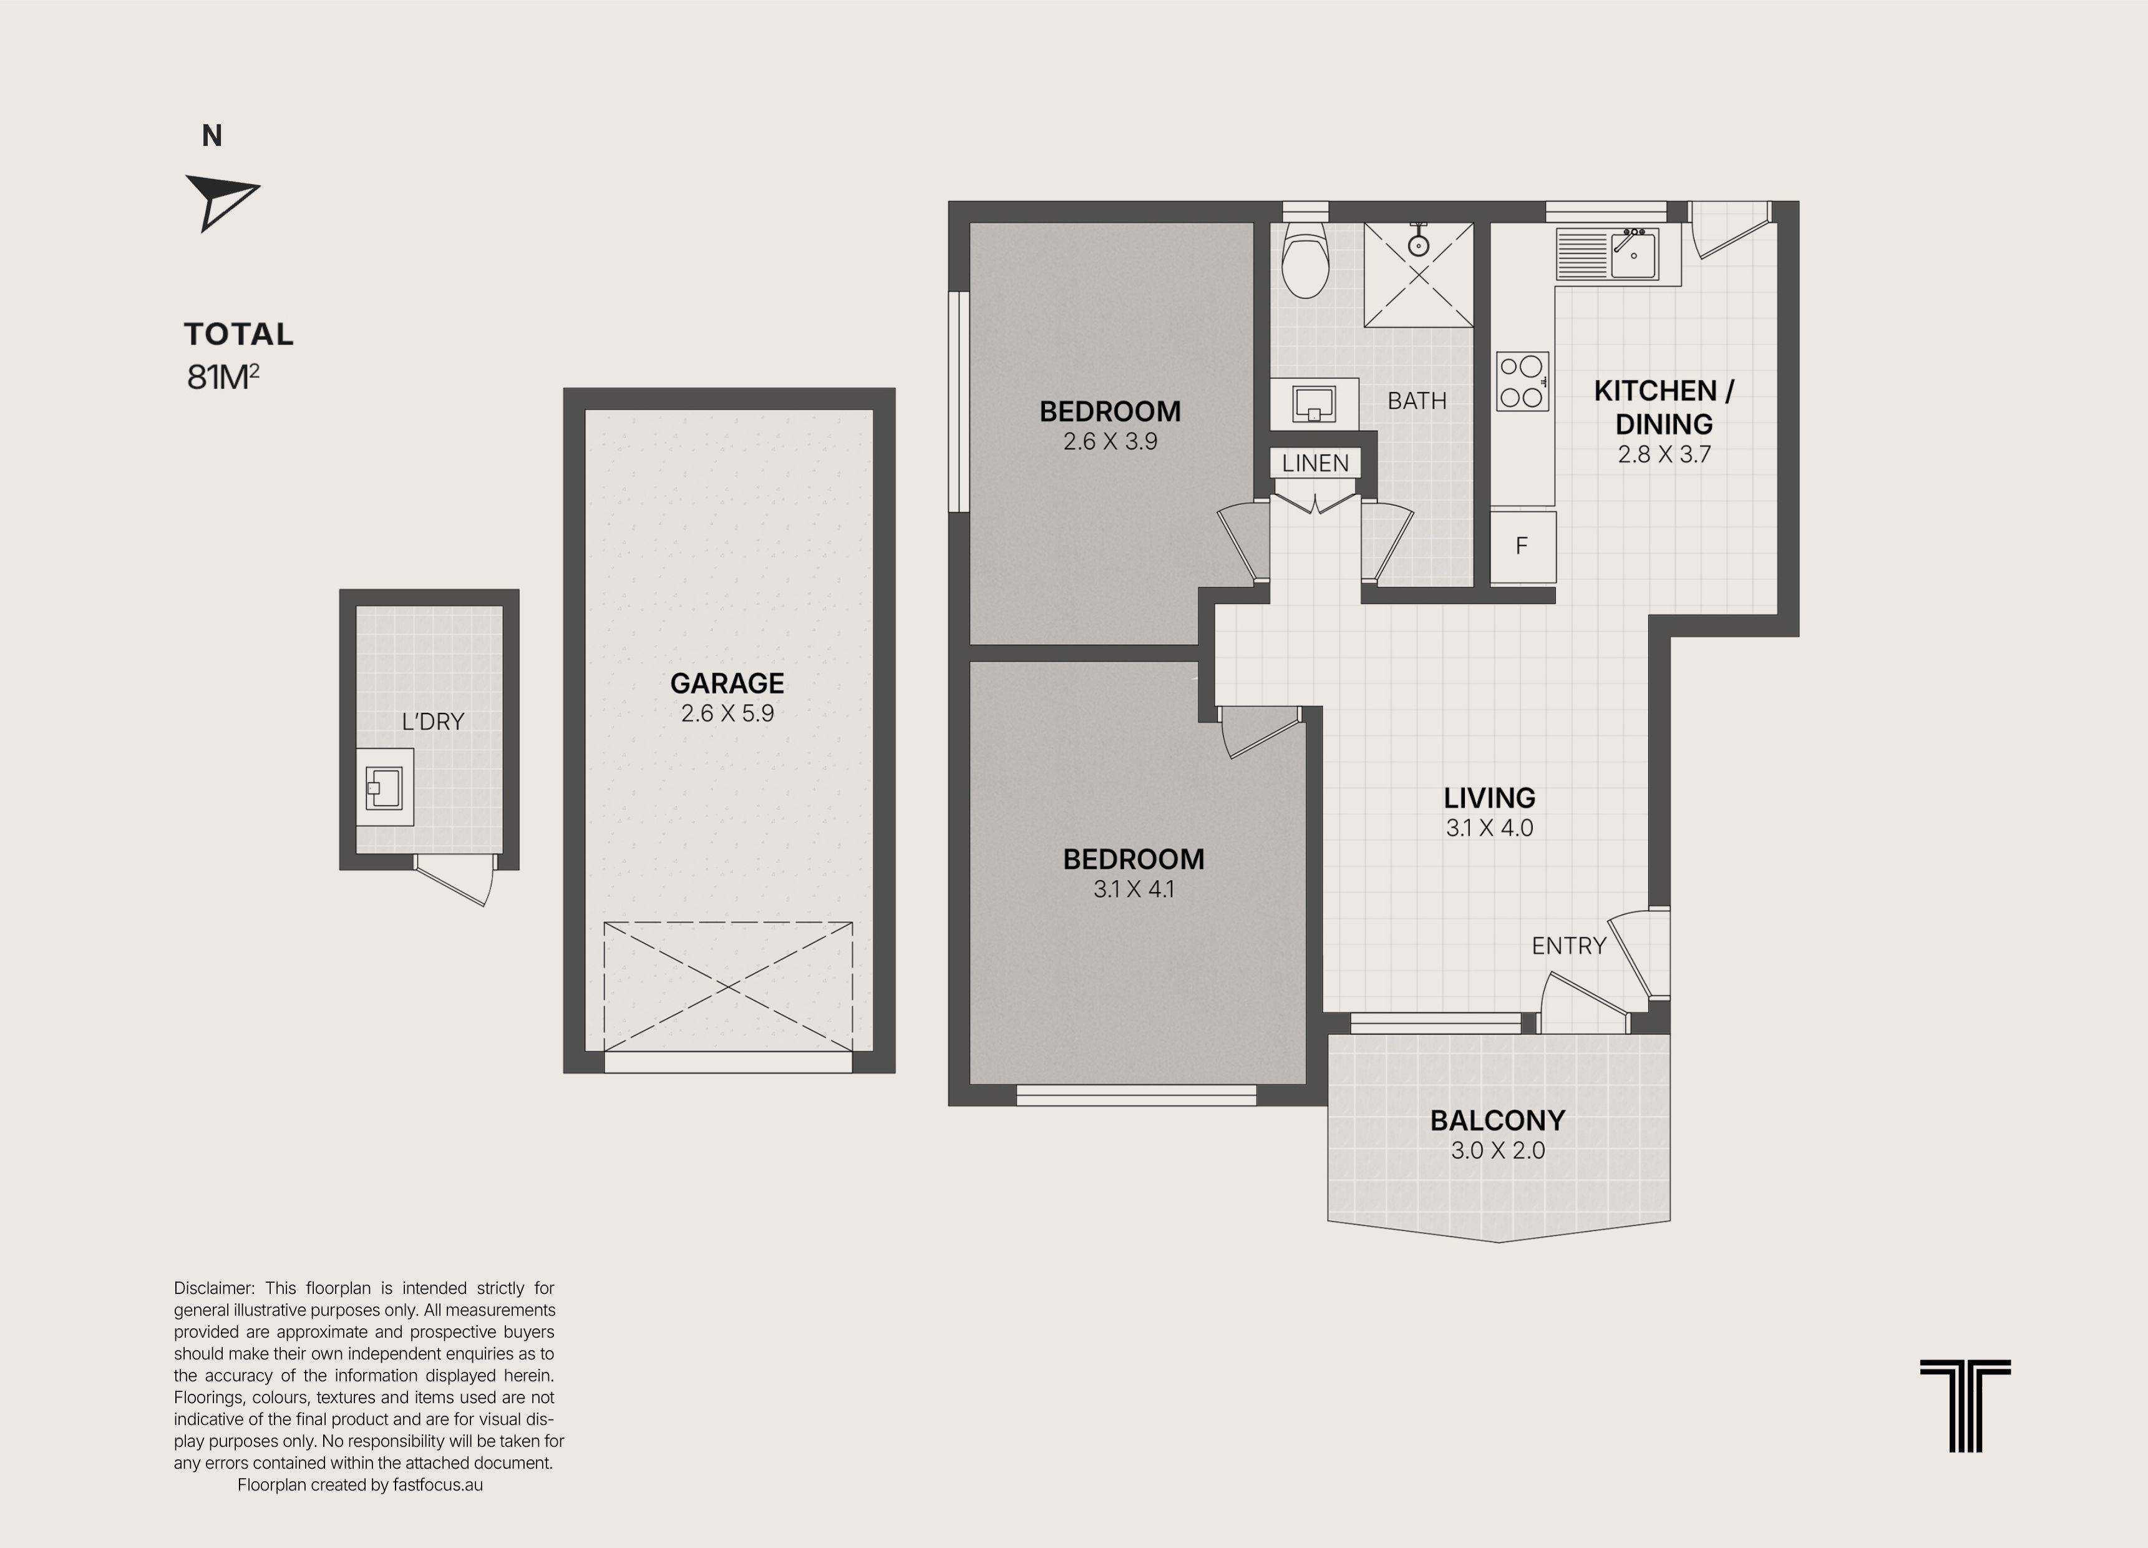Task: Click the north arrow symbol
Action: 220,202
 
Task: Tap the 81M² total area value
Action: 223,376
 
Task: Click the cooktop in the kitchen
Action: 1522,381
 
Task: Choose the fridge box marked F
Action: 1523,547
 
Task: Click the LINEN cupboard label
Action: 1316,463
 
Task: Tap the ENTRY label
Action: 1569,946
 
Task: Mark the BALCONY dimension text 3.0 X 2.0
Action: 1497,1150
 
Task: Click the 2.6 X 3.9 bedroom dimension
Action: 1110,441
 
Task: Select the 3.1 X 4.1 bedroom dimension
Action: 1134,889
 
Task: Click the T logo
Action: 1965,1406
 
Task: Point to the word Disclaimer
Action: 214,1288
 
